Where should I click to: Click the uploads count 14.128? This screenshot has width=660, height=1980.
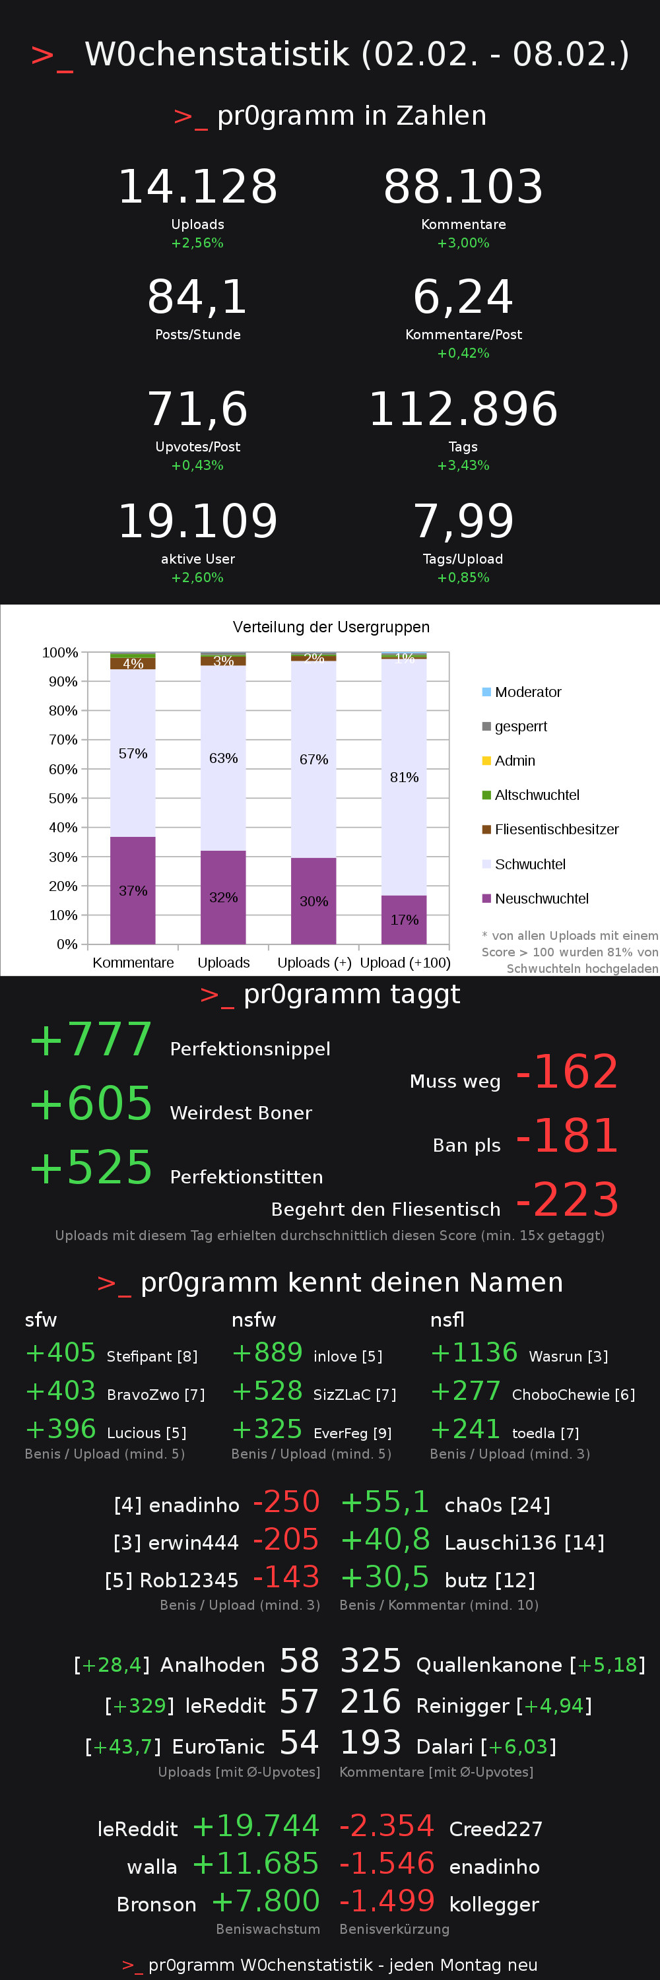click(197, 187)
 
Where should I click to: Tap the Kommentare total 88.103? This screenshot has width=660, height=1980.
click(463, 187)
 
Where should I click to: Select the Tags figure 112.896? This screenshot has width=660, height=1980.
click(463, 409)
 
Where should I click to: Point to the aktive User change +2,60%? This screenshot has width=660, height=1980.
click(197, 577)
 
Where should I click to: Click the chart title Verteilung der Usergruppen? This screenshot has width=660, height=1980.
click(331, 627)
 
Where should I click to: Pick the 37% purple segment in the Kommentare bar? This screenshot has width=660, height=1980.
click(133, 890)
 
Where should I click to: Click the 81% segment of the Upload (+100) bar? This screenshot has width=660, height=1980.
click(404, 777)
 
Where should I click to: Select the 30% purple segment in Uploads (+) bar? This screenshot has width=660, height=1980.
click(313, 901)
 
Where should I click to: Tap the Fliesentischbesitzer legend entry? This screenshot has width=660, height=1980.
click(556, 830)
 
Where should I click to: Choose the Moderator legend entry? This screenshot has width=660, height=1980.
click(528, 692)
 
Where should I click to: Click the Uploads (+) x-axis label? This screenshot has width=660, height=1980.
click(314, 962)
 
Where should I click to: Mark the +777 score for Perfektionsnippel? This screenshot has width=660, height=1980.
click(90, 1040)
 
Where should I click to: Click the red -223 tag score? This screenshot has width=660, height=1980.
click(567, 1199)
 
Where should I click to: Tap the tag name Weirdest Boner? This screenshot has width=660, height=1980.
click(240, 1113)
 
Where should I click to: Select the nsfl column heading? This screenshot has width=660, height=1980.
click(447, 1320)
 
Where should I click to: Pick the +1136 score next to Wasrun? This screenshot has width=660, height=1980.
click(474, 1352)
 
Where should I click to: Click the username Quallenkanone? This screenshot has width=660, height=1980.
click(488, 1665)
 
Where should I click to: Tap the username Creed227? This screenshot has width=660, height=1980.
click(496, 1829)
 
